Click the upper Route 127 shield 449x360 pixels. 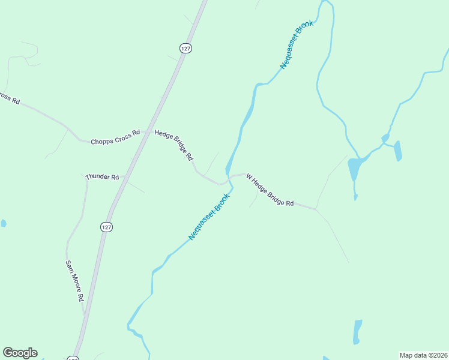[x=186, y=48]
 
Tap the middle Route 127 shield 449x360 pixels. [x=106, y=227]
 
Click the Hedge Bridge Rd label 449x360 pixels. [x=174, y=145]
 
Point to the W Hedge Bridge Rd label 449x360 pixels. [x=270, y=191]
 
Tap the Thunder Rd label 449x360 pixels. [x=103, y=177]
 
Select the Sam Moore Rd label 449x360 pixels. [x=74, y=281]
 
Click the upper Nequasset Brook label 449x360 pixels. [x=297, y=46]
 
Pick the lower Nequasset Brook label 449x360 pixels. [x=209, y=217]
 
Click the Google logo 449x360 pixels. [x=20, y=353]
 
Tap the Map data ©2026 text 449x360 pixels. [x=423, y=355]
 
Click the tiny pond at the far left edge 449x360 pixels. [x=3, y=223]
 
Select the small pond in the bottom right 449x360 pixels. [x=357, y=331]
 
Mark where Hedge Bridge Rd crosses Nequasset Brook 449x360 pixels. [x=228, y=180]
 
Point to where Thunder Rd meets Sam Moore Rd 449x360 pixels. [x=87, y=178]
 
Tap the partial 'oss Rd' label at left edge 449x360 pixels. [x=9, y=98]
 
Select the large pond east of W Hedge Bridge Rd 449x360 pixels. [x=355, y=169]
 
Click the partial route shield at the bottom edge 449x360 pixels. [x=73, y=358]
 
